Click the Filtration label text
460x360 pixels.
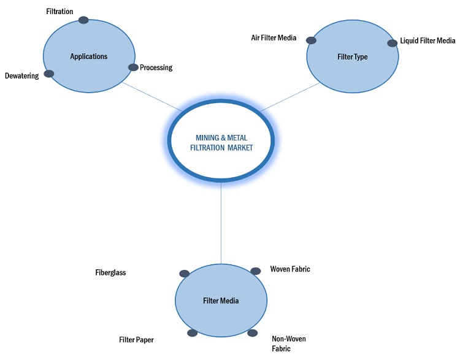(x=59, y=11)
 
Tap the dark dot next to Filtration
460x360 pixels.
(x=83, y=20)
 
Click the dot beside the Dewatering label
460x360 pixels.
(x=49, y=74)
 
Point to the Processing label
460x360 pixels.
(x=156, y=67)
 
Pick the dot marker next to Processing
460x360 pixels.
(x=133, y=67)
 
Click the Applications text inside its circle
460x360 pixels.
(x=89, y=56)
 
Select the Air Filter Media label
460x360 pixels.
(x=274, y=38)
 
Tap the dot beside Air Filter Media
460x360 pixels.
(x=311, y=40)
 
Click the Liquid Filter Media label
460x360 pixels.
(x=427, y=41)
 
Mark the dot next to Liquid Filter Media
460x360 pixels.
(x=393, y=43)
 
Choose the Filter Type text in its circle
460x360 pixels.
(x=353, y=57)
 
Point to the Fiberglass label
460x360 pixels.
(x=110, y=272)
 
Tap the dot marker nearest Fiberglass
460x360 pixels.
(x=184, y=274)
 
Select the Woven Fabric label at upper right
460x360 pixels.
(x=290, y=269)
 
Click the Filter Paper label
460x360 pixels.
(x=136, y=339)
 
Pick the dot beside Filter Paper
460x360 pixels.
(x=192, y=333)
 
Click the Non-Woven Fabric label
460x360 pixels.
(x=288, y=343)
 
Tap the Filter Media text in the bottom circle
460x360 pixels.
(x=221, y=301)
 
